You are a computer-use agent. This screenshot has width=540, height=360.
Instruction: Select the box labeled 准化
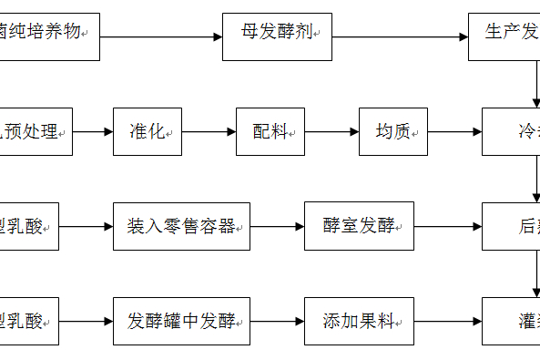[148, 132]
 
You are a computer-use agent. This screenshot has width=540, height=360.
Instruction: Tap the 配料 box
[270, 132]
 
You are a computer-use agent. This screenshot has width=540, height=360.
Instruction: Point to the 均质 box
[393, 132]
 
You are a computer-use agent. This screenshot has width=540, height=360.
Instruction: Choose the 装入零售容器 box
[181, 226]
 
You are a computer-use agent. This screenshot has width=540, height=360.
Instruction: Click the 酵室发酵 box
[360, 226]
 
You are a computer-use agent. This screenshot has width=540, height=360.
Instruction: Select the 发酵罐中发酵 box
[181, 321]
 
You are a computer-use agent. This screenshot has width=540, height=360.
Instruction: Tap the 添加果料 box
[360, 321]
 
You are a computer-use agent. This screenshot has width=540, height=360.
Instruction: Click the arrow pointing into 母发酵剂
[161, 37]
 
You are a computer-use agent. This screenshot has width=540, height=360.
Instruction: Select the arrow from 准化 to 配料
[209, 132]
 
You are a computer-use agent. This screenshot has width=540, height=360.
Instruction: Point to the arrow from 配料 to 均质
[331, 132]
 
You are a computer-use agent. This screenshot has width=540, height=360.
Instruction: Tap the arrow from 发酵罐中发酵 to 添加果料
[277, 321]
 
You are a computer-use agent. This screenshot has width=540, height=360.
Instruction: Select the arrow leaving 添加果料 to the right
[448, 321]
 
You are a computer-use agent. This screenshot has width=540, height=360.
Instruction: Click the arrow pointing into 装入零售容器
[87, 226]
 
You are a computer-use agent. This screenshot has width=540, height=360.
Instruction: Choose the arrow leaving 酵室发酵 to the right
[448, 226]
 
